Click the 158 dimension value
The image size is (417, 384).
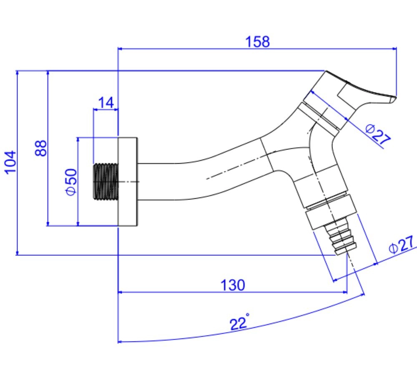pyautogui.click(x=257, y=41)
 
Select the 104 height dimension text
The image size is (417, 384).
pyautogui.click(x=10, y=162)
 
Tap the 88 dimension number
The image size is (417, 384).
pyautogui.click(x=40, y=148)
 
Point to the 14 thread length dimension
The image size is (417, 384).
pyautogui.click(x=106, y=102)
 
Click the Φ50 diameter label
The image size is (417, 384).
pyautogui.click(x=71, y=182)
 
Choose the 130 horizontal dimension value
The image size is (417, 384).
pyautogui.click(x=232, y=285)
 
